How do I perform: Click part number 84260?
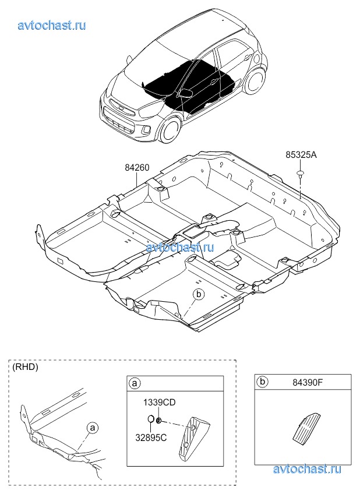tap(137, 168)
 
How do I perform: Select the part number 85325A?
tap(301, 155)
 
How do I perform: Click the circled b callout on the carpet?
tap(199, 294)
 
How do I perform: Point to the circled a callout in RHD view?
tap(92, 428)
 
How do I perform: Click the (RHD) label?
tap(25, 367)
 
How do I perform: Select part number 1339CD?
tap(160, 403)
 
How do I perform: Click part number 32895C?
tap(151, 437)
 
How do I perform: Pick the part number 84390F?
tap(308, 383)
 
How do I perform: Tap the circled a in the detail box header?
tap(135, 384)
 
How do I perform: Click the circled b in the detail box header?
tap(262, 382)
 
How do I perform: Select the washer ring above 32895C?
tap(151, 419)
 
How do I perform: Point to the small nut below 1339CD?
tap(160, 420)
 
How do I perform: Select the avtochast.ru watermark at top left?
tap(52, 25)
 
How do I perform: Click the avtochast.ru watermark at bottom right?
tap(307, 469)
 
